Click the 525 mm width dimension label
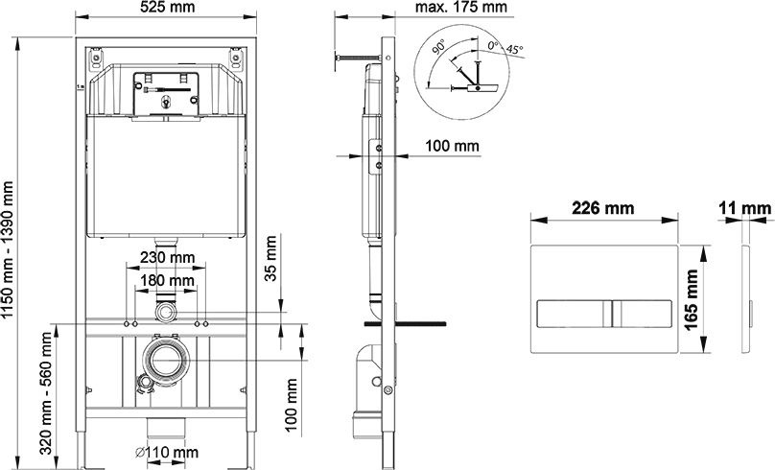pos(168,7)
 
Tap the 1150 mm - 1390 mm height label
pos(8,250)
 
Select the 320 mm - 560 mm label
pos(45,393)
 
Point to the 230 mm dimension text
pos(167,257)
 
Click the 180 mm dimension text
pos(167,281)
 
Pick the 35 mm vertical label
pos(270,258)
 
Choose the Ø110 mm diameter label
pos(167,452)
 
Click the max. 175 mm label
pos(460,7)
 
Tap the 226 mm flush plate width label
pos(602,208)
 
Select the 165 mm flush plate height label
pos(691,299)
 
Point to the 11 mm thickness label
pos(745,208)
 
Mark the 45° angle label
pos(514,50)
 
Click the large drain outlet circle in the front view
pos(167,360)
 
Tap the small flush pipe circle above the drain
pos(166,312)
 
